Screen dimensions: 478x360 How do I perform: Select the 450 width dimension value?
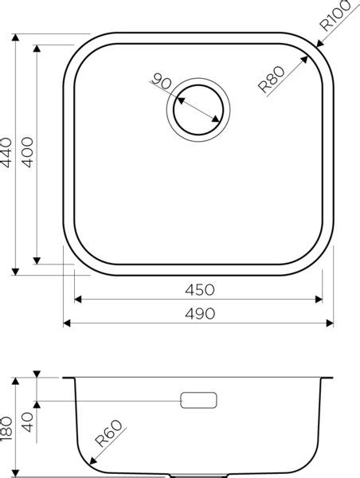198,289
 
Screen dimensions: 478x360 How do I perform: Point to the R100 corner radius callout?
335,18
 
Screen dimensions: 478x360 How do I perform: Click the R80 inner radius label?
272,81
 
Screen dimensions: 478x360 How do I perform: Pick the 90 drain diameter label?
162,81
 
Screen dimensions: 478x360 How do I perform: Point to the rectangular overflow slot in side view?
199,400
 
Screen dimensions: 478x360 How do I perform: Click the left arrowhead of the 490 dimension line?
66,323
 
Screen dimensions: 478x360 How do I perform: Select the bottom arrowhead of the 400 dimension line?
37,261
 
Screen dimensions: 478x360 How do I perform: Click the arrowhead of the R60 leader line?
90,464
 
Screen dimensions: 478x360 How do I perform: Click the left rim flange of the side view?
68,377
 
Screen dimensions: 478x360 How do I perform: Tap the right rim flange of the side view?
328,377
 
